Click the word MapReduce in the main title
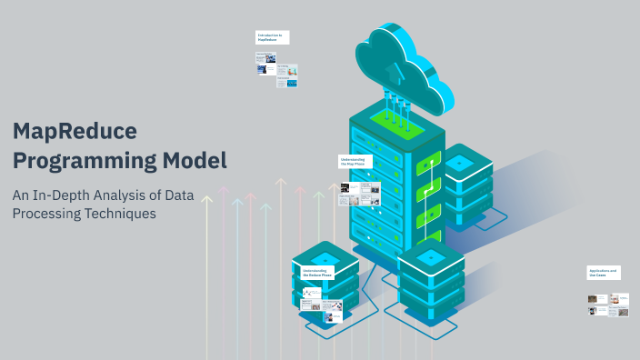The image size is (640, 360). [x=75, y=132]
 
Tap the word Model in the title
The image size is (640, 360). [x=190, y=161]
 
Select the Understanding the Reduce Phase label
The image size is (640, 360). [x=317, y=271]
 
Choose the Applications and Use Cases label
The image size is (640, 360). [x=604, y=272]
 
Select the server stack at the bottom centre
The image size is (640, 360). [x=432, y=277]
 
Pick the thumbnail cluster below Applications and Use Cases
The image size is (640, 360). [x=607, y=305]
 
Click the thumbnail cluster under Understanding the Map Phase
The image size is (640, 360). [x=360, y=193]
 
